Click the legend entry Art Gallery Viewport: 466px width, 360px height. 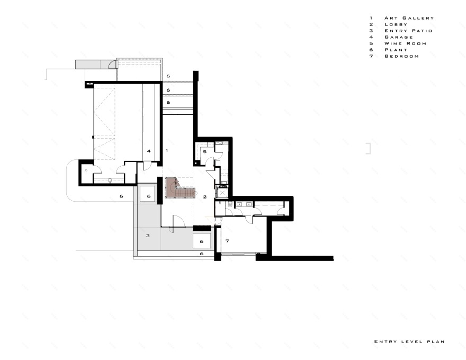click(409, 18)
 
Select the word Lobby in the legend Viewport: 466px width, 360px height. click(396, 24)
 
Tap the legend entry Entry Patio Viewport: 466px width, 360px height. click(408, 31)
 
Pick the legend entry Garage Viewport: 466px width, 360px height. click(399, 37)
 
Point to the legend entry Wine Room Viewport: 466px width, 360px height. click(406, 43)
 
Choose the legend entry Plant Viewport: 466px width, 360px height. click(396, 50)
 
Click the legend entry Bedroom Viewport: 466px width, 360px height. click(401, 56)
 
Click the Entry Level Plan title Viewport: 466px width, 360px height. click(409, 341)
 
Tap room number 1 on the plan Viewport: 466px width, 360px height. click(167, 150)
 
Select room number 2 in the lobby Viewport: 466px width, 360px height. click(205, 196)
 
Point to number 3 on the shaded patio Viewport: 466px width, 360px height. click(148, 236)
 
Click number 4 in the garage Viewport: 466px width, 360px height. click(149, 151)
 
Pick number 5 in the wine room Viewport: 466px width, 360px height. click(205, 152)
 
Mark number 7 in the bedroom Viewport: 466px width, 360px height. click(227, 241)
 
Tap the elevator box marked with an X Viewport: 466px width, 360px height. click(222, 193)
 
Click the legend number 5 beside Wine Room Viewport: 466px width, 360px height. click(371, 43)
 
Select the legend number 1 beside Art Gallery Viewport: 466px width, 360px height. click(371, 18)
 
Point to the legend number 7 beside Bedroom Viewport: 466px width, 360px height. click(371, 56)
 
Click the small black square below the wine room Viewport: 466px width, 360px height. click(196, 163)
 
